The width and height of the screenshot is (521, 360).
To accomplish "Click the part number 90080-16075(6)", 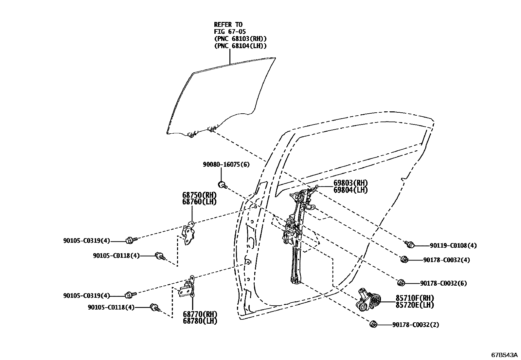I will coord(226,164).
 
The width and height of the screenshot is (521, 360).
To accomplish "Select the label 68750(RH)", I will coord(199,195).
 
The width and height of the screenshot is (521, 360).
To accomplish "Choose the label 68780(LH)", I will coord(200,321).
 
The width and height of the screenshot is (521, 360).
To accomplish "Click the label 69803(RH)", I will coord(350,183).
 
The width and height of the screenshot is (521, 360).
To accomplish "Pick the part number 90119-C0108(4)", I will coord(453,245).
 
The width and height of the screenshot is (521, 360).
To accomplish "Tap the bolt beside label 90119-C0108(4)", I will coord(409,244).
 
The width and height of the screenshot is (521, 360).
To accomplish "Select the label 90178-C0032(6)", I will coord(443,283).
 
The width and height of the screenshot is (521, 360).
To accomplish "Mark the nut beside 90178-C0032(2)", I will coord(373,324).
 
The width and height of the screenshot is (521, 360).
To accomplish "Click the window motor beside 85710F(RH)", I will coord(368,299).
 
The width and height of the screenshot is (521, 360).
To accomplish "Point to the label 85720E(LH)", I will coord(415,305).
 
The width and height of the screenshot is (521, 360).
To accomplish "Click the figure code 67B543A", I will coord(504,355).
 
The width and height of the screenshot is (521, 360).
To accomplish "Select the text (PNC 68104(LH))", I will coord(240,46).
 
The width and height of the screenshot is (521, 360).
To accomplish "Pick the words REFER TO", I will coord(228,25).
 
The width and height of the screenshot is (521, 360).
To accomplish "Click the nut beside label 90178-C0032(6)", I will coord(401,283).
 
